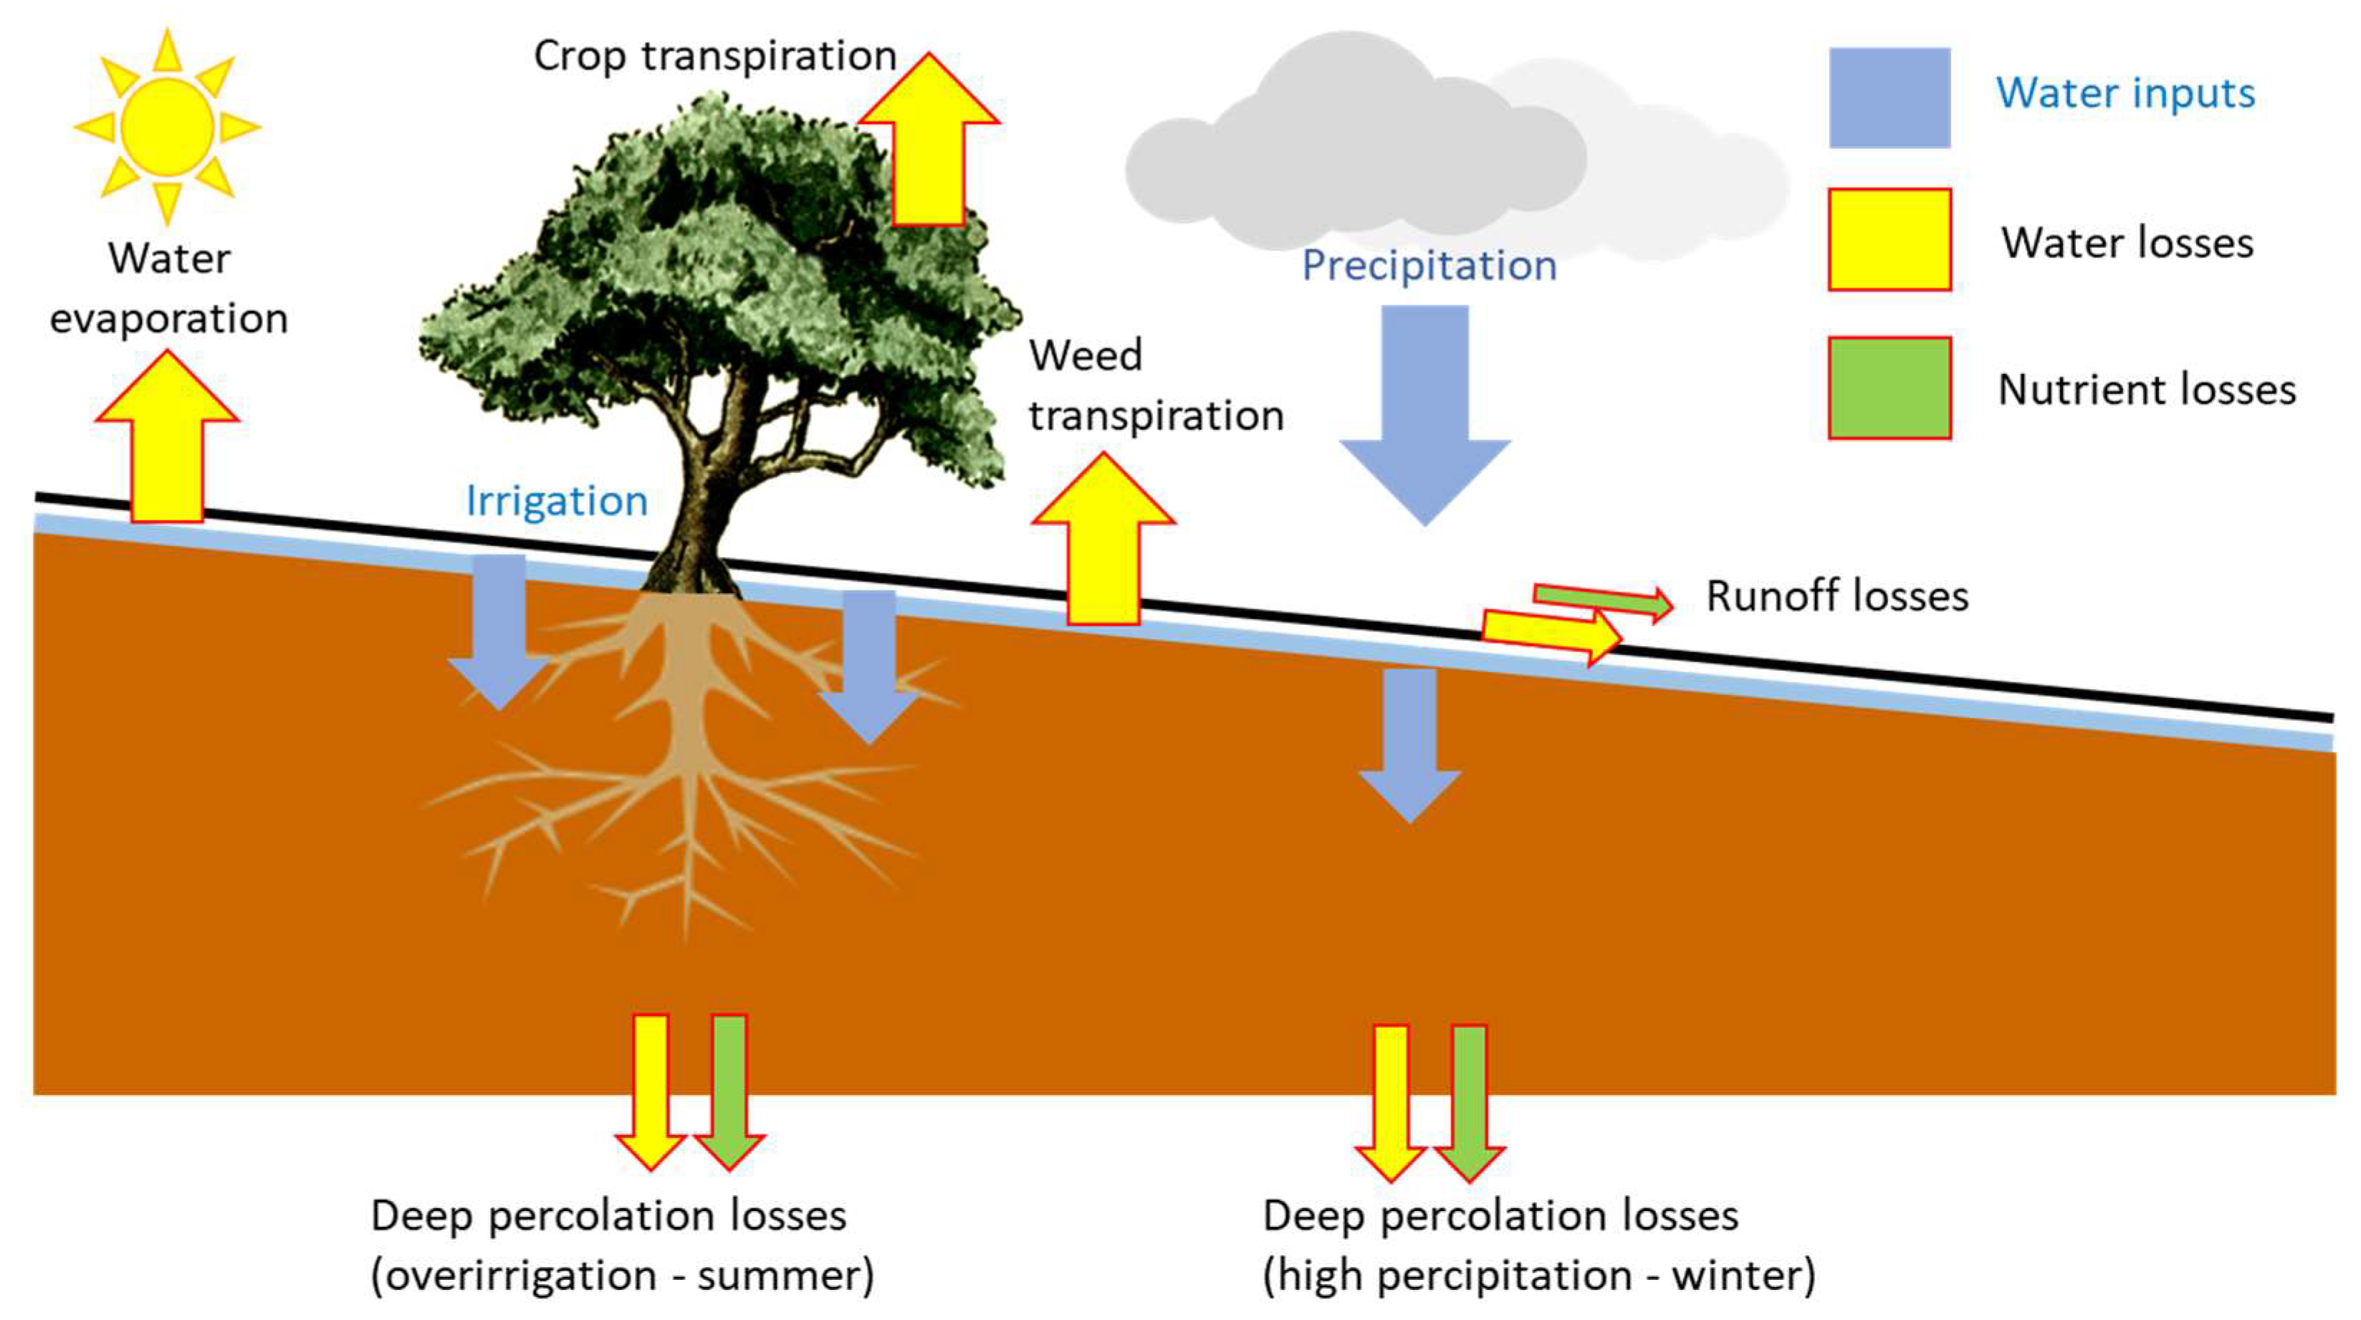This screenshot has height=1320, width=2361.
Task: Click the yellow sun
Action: pos(167,125)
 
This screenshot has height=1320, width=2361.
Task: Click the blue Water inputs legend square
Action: pos(1889,97)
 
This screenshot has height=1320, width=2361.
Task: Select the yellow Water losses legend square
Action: pos(1889,239)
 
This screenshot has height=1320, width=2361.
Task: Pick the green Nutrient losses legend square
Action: pos(1889,388)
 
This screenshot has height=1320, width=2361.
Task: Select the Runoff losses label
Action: pos(1836,596)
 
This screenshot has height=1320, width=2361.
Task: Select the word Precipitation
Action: pos(1429,266)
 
